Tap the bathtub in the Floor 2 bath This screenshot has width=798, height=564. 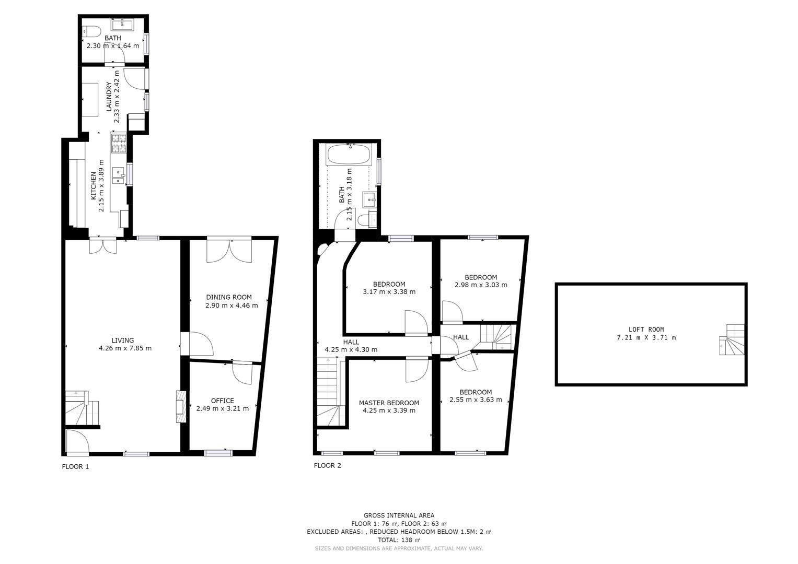pos(349,155)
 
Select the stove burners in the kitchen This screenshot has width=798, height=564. pos(119,143)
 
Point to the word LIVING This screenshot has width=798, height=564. pos(123,340)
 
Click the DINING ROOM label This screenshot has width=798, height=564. pos(229,297)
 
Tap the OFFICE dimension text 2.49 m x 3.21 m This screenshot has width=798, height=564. pos(222,409)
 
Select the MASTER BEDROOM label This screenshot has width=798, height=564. pos(389,403)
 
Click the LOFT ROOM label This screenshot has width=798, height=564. pos(646,330)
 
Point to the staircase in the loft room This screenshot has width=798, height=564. pos(732,339)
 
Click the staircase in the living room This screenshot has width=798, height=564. pos(82,408)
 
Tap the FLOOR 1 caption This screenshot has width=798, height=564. pos(75,466)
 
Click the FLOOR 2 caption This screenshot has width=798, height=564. pos(327,465)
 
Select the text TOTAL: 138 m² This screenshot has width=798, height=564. pos(399,540)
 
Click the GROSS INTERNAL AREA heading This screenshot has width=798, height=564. pos(399,515)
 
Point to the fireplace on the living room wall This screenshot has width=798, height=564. pos(181,407)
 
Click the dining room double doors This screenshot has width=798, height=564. pos(229,251)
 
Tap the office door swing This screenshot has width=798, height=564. pos(242,373)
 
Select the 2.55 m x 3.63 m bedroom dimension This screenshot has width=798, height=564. pos(476,400)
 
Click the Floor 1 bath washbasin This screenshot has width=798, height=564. pos(123,25)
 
